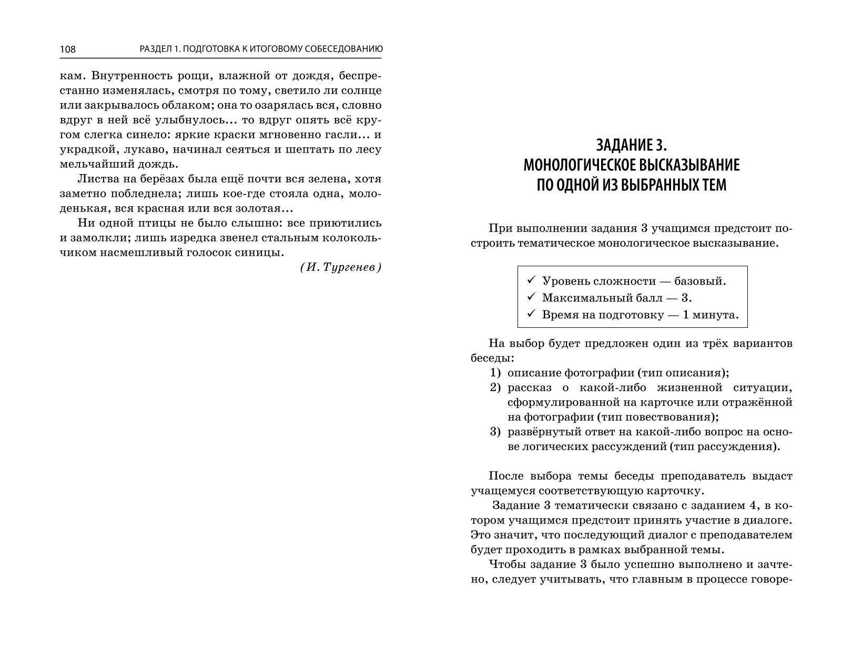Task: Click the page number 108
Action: pyautogui.click(x=68, y=49)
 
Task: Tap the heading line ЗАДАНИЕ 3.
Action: pyautogui.click(x=631, y=145)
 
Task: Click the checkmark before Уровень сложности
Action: pyautogui.click(x=531, y=280)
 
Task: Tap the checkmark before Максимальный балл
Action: pyautogui.click(x=531, y=297)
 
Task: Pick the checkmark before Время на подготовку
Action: pyautogui.click(x=531, y=314)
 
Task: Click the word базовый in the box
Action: pyautogui.click(x=700, y=281)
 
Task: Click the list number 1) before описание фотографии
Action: pyautogui.click(x=495, y=373)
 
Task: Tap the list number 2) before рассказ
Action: pyautogui.click(x=495, y=388)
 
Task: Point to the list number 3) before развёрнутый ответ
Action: pyautogui.click(x=495, y=432)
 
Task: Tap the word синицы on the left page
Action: pyautogui.click(x=261, y=252)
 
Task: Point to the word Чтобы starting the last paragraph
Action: pyautogui.click(x=506, y=565)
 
